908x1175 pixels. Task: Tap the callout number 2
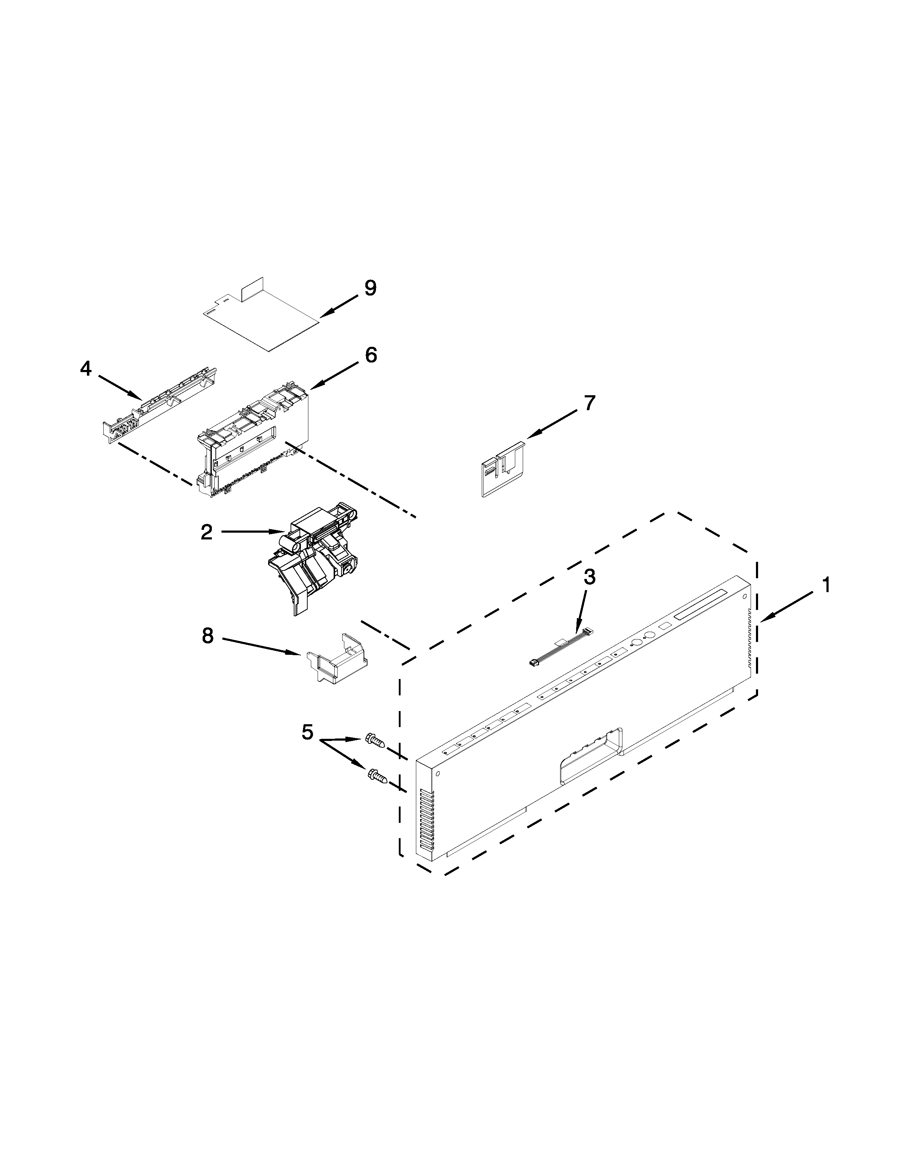[x=207, y=533]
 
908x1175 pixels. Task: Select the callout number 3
[x=590, y=577]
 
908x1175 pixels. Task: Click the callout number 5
[x=307, y=732]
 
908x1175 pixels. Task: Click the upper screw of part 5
[x=375, y=741]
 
